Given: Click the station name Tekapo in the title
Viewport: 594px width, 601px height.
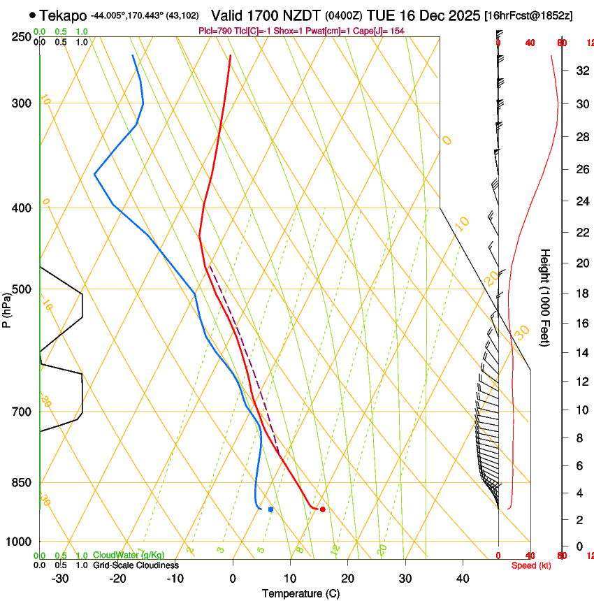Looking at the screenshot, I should pyautogui.click(x=63, y=15).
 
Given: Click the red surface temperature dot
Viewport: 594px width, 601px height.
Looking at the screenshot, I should pyautogui.click(x=322, y=509).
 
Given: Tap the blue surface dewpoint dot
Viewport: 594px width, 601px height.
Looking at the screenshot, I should pyautogui.click(x=270, y=509).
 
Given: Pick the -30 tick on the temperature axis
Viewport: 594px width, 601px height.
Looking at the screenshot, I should pyautogui.click(x=60, y=578).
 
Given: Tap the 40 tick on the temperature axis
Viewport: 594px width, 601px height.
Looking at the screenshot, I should pyautogui.click(x=463, y=578).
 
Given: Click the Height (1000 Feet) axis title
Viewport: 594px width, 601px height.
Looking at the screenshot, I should pyautogui.click(x=546, y=298).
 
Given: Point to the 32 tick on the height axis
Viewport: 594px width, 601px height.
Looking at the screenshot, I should pyautogui.click(x=579, y=71).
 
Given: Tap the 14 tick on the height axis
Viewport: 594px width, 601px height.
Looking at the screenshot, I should pyautogui.click(x=579, y=353).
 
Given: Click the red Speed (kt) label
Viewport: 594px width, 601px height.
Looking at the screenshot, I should pyautogui.click(x=530, y=565).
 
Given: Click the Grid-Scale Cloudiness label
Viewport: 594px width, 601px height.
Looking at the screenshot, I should pyautogui.click(x=136, y=565).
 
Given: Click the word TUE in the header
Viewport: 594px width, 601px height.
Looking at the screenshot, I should pyautogui.click(x=389, y=15).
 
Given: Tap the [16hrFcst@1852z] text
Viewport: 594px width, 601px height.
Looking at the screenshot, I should pyautogui.click(x=528, y=15).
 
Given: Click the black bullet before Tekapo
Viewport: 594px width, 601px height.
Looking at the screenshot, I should pyautogui.click(x=32, y=15).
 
